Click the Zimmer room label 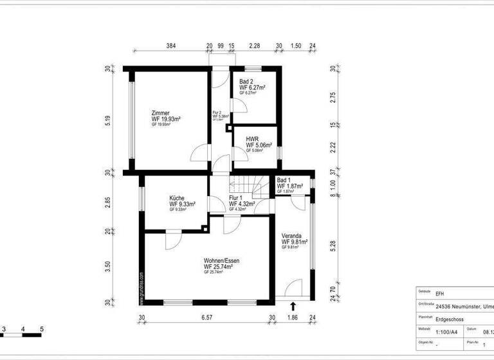(x=161, y=113)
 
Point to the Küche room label (x=178, y=198)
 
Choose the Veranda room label (x=291, y=235)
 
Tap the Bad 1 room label (x=284, y=180)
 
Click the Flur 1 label (x=236, y=198)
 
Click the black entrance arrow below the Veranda (x=293, y=307)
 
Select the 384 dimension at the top (x=170, y=46)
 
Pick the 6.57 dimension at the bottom (x=206, y=317)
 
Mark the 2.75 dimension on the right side (x=333, y=96)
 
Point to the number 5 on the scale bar (x=41, y=329)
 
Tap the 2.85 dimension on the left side (x=108, y=202)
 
